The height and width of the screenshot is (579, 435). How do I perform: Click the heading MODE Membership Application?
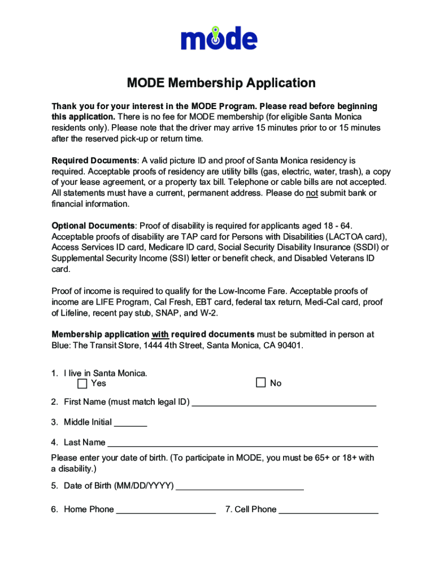click(x=221, y=83)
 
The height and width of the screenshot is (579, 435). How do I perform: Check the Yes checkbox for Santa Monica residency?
click(x=82, y=383)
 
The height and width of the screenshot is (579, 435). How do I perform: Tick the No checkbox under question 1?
click(x=260, y=383)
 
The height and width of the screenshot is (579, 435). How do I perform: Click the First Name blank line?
click(x=284, y=403)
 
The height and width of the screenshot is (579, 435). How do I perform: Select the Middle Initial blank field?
click(x=130, y=422)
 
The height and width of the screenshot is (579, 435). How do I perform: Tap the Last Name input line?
click(x=242, y=443)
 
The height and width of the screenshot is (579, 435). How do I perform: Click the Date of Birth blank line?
click(x=240, y=486)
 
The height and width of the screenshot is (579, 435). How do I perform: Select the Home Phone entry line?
click(x=166, y=510)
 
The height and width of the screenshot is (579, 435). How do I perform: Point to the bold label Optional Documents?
click(x=93, y=226)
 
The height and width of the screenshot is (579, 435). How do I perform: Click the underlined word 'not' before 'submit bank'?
click(x=312, y=193)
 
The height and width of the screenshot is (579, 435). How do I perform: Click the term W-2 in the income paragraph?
click(x=224, y=313)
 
